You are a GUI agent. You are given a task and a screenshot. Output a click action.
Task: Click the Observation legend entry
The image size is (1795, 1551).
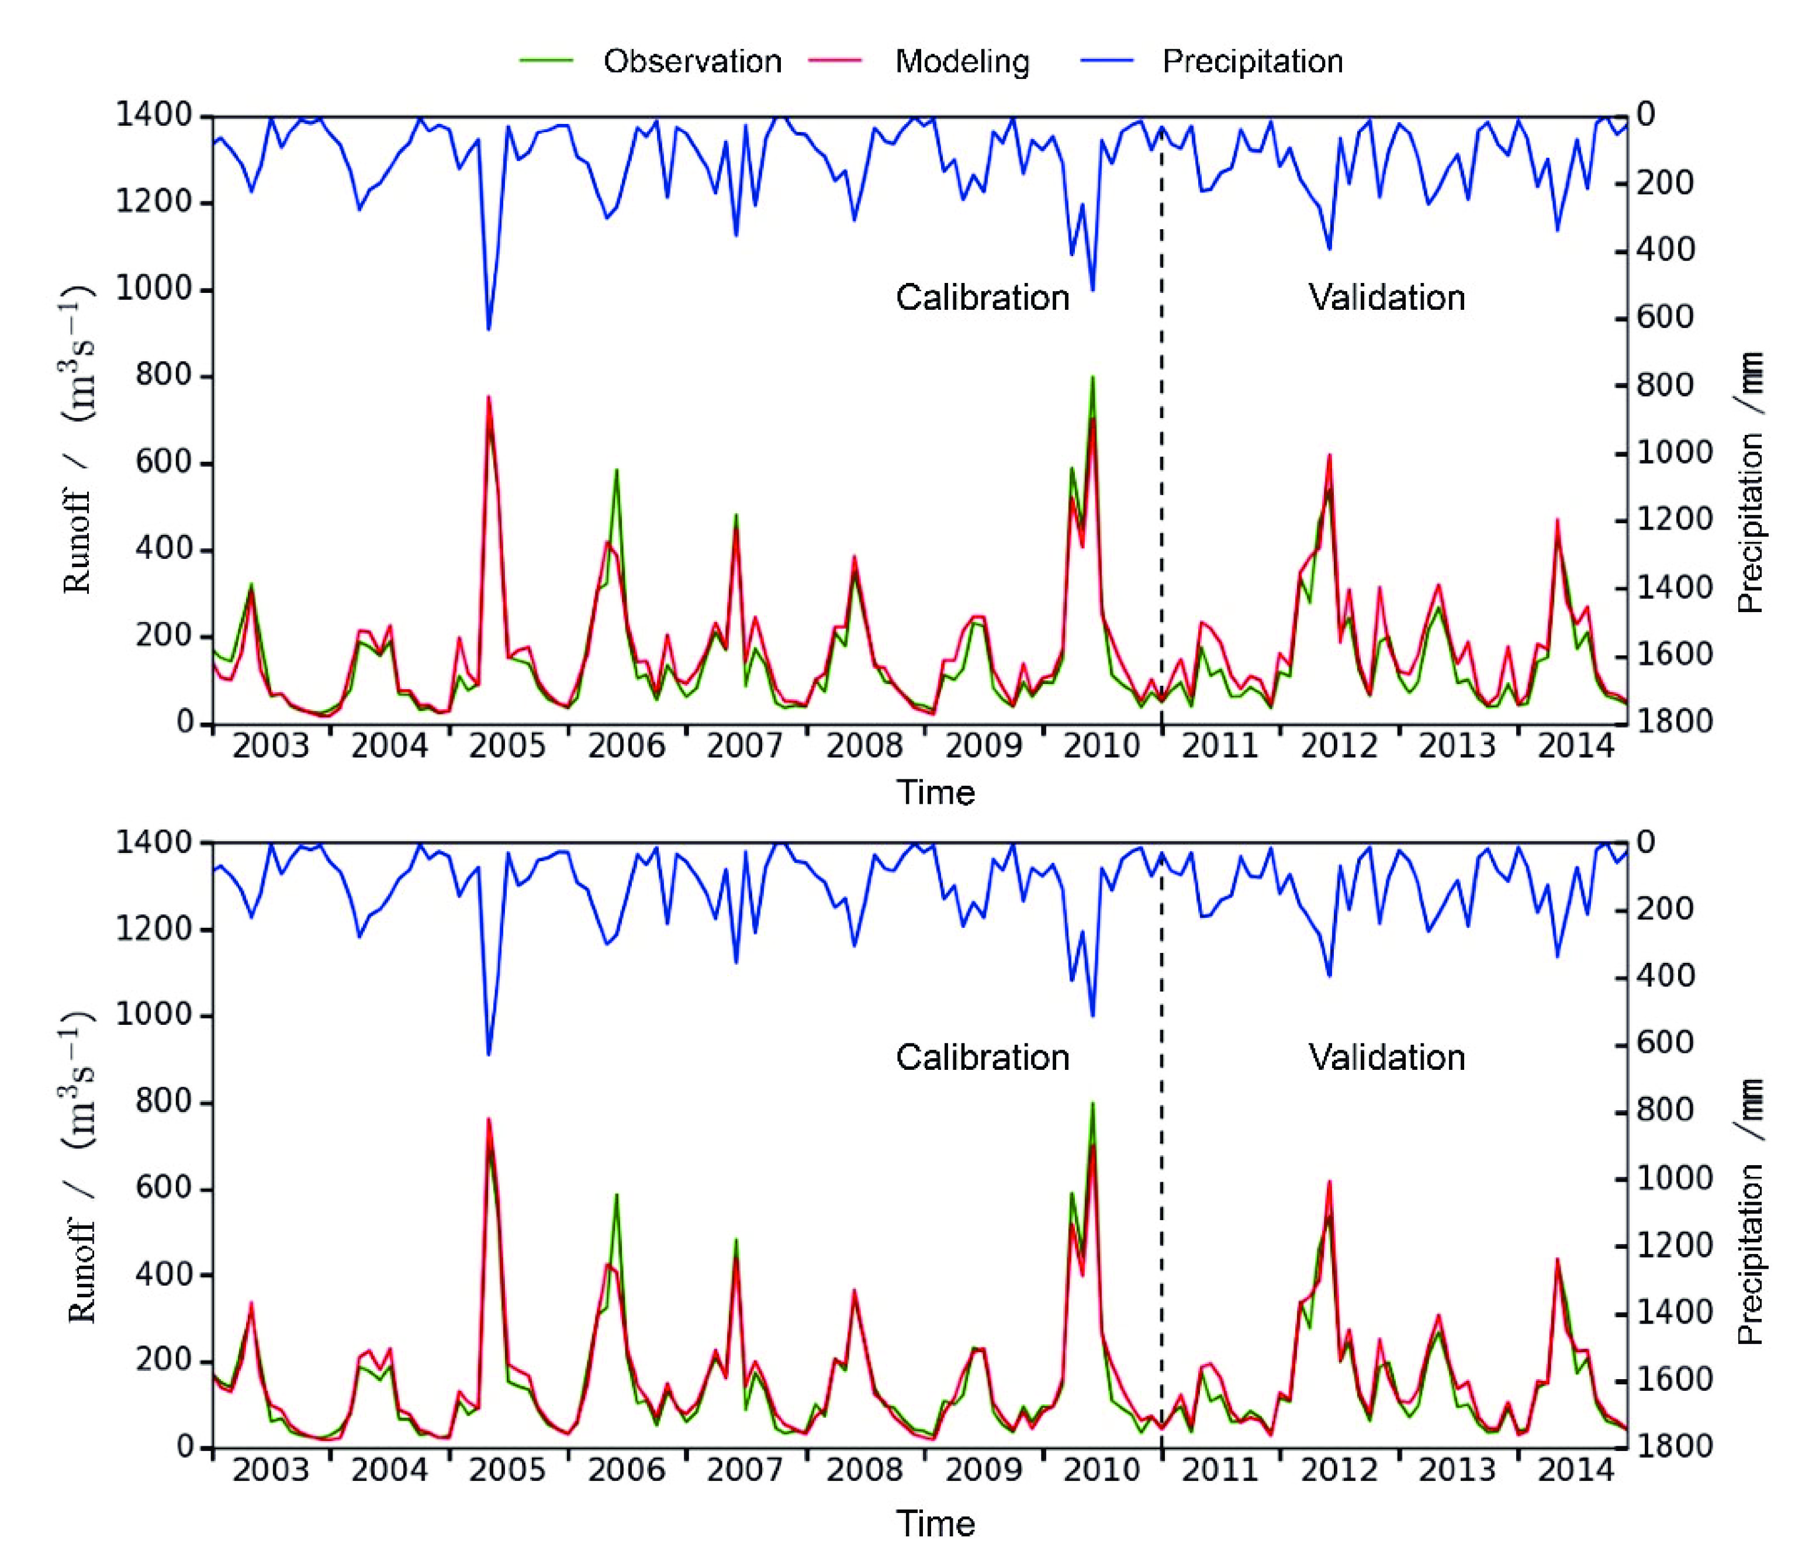click(x=691, y=61)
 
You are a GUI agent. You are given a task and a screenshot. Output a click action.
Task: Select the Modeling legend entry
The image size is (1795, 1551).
click(x=962, y=61)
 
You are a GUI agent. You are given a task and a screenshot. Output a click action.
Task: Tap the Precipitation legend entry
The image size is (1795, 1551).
click(x=1252, y=61)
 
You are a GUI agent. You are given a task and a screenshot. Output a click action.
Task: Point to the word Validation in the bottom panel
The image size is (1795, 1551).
click(x=1386, y=1057)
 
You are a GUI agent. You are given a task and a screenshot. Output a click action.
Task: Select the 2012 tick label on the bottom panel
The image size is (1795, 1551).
click(x=1339, y=1470)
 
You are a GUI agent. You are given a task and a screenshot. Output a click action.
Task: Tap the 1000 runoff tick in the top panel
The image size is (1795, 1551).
click(x=153, y=289)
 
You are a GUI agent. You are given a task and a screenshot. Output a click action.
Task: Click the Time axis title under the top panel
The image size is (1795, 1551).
click(x=935, y=793)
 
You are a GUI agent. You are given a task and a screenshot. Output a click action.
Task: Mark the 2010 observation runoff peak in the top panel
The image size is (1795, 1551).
click(x=1092, y=377)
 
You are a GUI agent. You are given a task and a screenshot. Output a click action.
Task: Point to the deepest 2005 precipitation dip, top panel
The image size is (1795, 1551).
click(x=489, y=329)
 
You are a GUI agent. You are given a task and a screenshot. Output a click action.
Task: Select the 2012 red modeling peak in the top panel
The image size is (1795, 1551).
click(x=1329, y=455)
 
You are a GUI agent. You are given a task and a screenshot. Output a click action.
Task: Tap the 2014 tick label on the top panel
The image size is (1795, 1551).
click(x=1575, y=746)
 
